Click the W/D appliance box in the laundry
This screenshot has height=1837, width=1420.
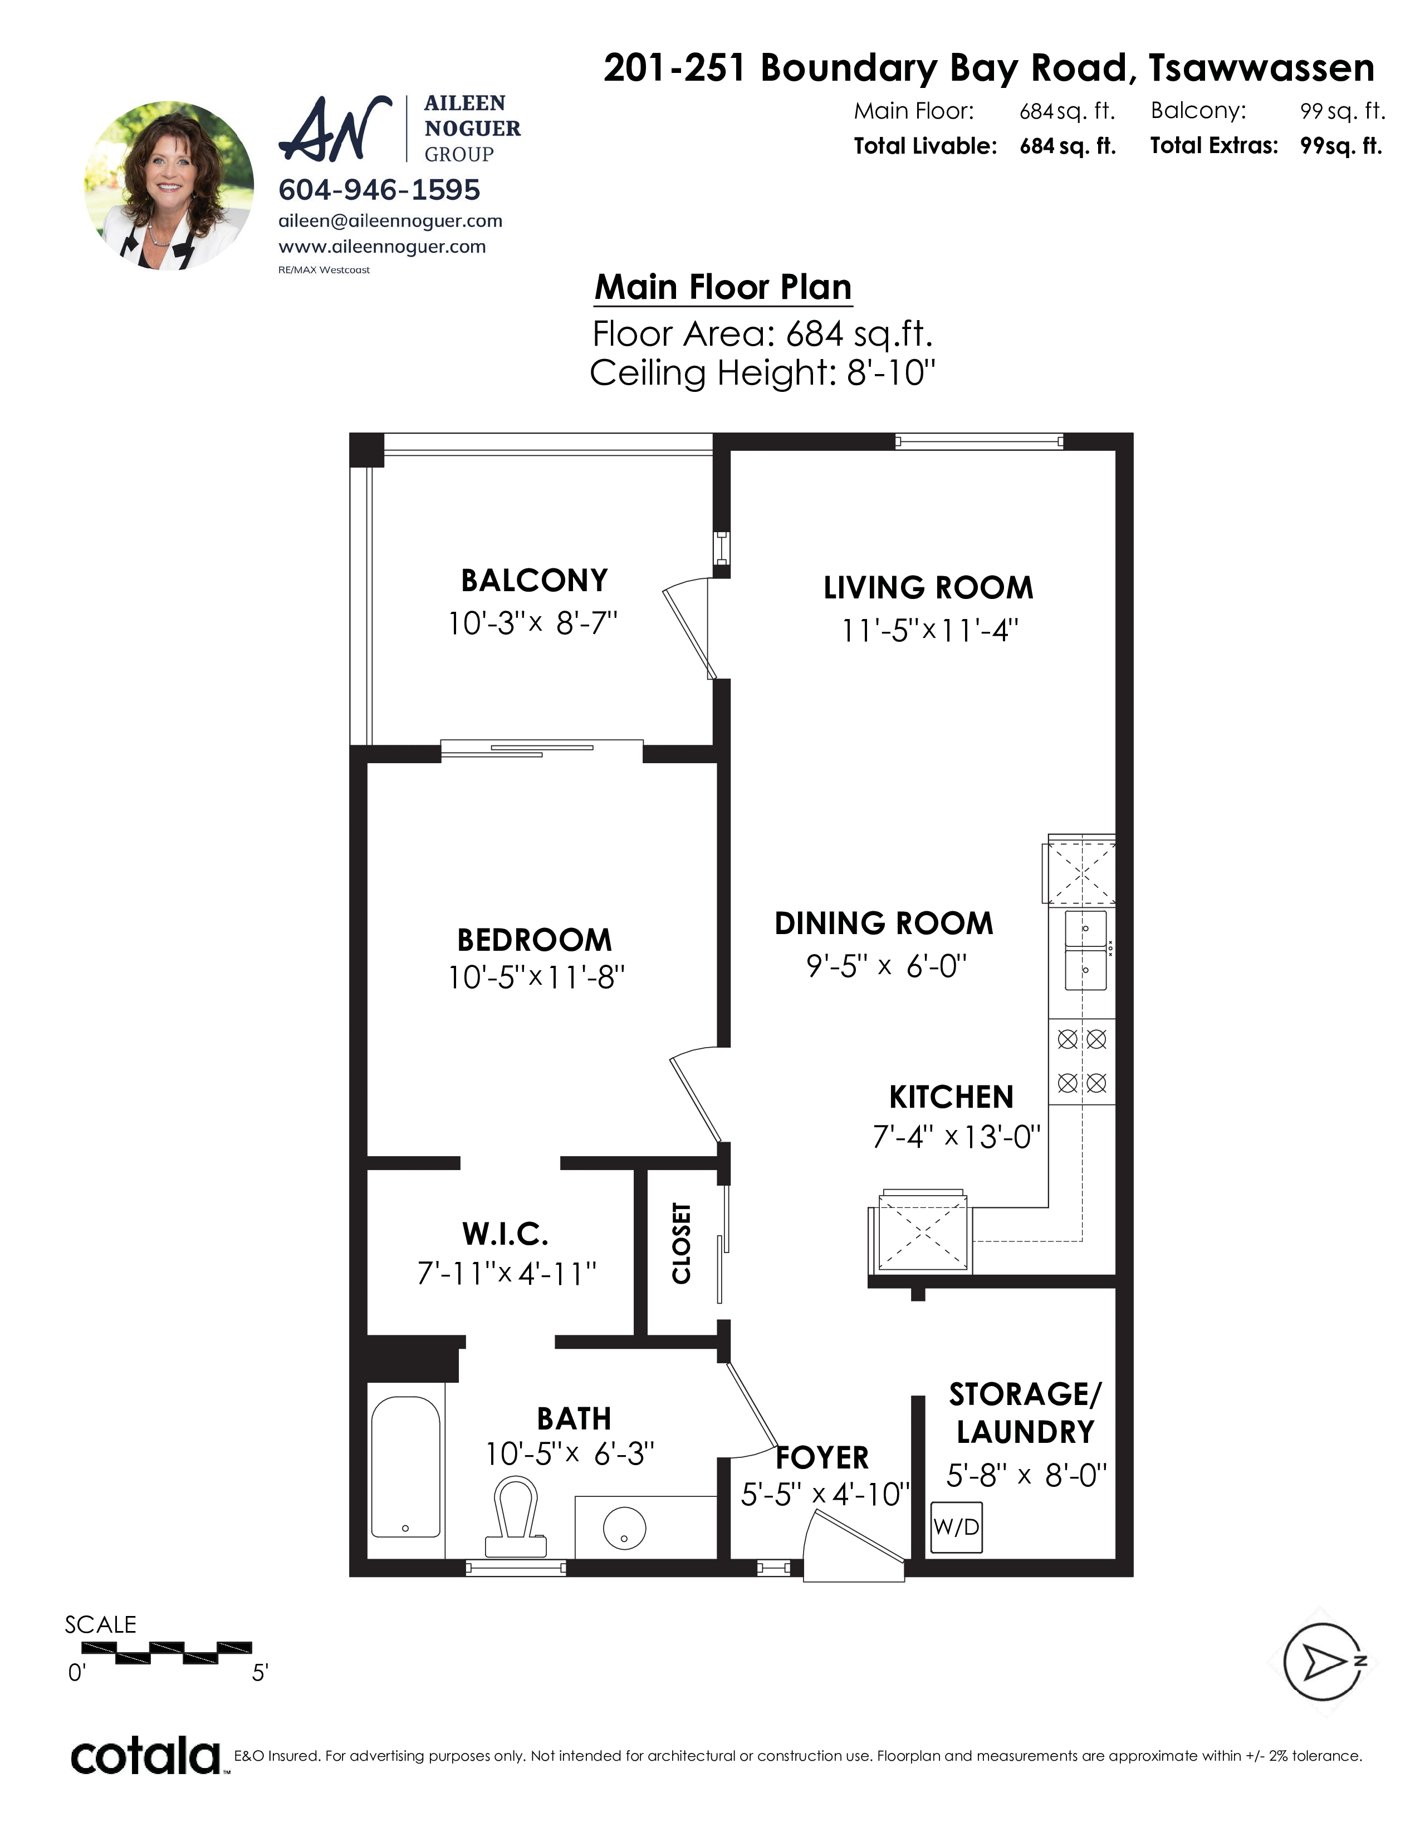(957, 1526)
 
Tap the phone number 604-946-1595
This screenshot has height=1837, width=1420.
(379, 190)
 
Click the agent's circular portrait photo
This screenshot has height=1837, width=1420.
(169, 186)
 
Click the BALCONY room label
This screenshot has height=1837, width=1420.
(534, 581)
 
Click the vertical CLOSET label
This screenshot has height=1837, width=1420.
(682, 1243)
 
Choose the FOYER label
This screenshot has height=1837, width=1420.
(822, 1458)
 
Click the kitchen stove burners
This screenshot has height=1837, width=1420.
(1082, 1060)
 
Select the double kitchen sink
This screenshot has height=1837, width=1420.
(1085, 950)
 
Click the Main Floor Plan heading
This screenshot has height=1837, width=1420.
(723, 288)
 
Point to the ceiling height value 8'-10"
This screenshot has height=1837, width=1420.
(891, 372)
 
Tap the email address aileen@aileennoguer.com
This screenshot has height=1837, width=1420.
(390, 221)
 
